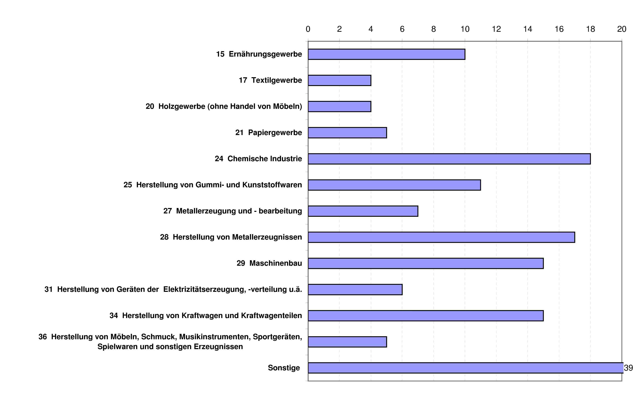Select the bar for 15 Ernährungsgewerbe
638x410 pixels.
(x=386, y=54)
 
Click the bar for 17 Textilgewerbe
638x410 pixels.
(x=339, y=80)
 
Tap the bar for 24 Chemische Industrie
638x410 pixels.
(x=449, y=159)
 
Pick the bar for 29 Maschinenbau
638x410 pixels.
(x=426, y=263)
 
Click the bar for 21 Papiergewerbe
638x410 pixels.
(x=347, y=133)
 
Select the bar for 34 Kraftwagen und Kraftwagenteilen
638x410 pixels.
(x=426, y=316)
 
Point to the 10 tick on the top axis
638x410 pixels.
(x=465, y=29)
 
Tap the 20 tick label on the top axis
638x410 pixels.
(x=622, y=29)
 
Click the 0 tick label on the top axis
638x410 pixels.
(x=308, y=29)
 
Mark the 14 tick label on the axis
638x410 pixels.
(x=528, y=29)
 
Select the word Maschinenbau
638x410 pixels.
(x=276, y=263)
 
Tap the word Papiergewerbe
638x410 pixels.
(x=275, y=133)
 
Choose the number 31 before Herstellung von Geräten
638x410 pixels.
(x=49, y=289)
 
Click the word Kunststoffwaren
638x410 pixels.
(x=272, y=185)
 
